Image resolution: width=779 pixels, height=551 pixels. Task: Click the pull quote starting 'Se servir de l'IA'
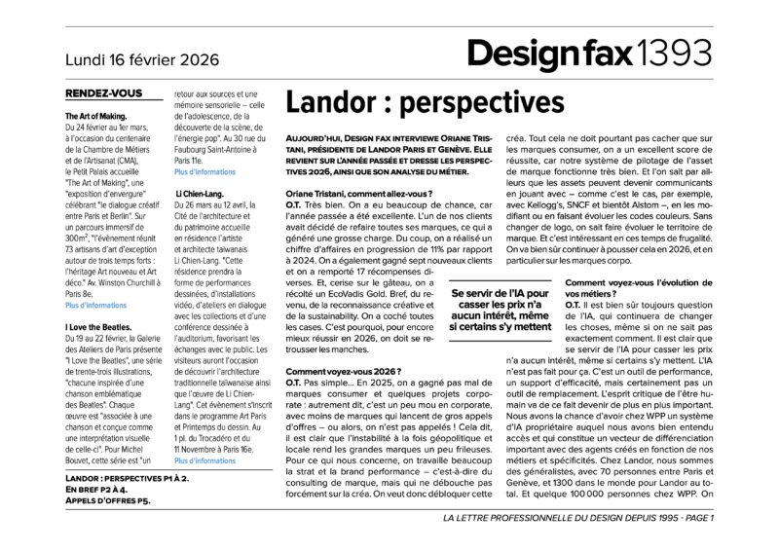click(499, 310)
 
